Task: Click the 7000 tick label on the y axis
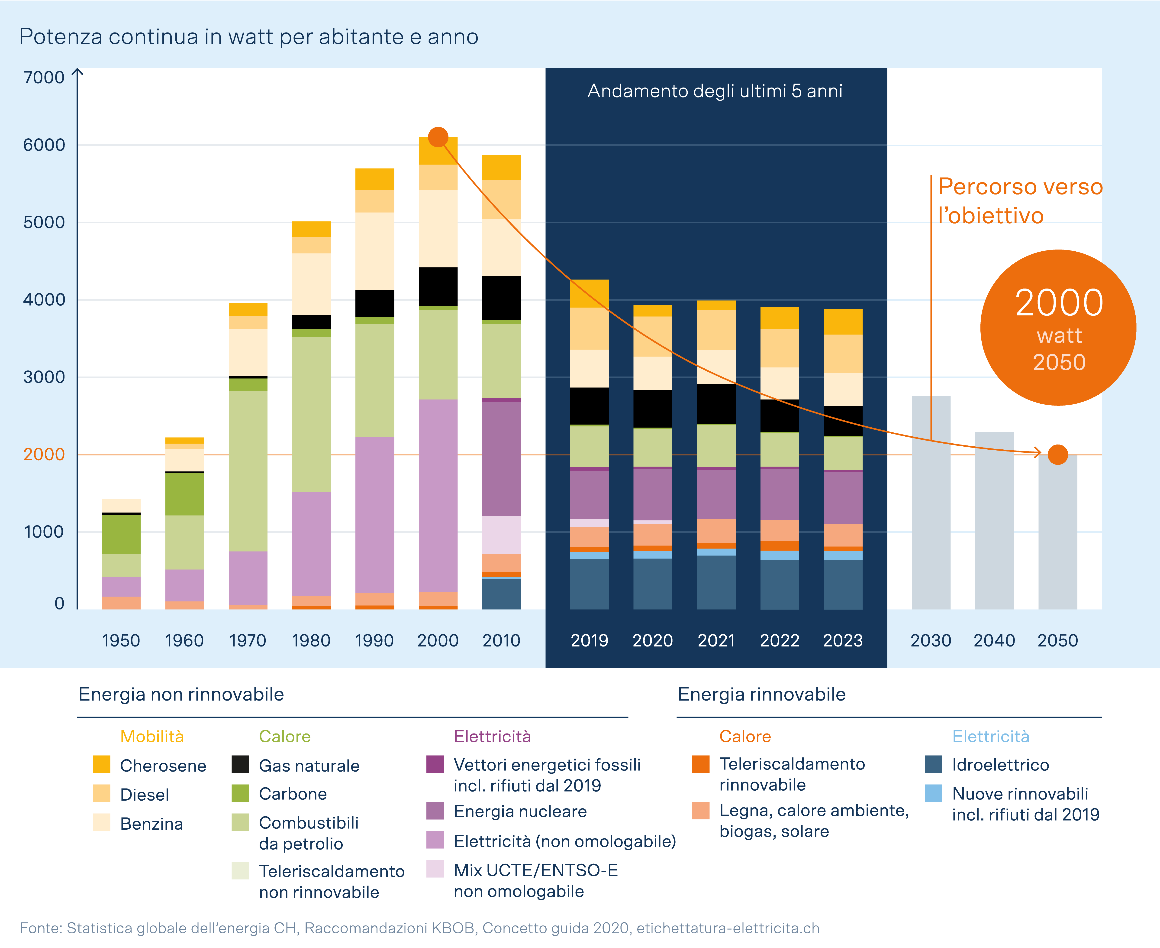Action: pyautogui.click(x=44, y=78)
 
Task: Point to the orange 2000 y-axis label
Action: pyautogui.click(x=44, y=454)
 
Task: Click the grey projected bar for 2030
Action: pyautogui.click(x=931, y=502)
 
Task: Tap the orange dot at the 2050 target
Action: pyautogui.click(x=1057, y=454)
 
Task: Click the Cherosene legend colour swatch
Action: pyautogui.click(x=102, y=765)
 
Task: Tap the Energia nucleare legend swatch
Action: pyautogui.click(x=435, y=811)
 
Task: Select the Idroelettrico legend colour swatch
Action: pyautogui.click(x=934, y=765)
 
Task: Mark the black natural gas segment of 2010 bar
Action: pyautogui.click(x=501, y=298)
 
